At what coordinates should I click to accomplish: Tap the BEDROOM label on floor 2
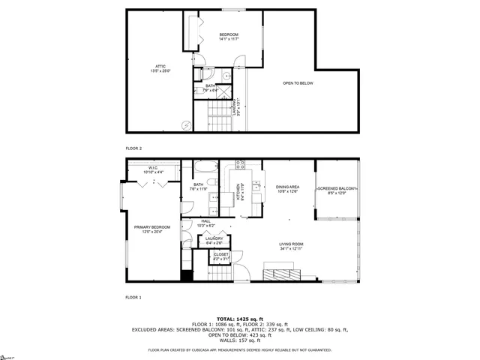point(229,35)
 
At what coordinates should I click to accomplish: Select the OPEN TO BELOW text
point(298,82)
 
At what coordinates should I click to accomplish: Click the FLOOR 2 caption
point(133,148)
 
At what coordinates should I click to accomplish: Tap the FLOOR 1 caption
point(133,298)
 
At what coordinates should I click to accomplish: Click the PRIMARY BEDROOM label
point(152,227)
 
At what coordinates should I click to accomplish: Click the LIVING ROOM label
point(291,244)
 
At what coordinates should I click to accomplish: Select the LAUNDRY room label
point(214,239)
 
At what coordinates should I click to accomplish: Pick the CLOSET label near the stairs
point(221,254)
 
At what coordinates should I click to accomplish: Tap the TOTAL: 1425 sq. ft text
point(240,319)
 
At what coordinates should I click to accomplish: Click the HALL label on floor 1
point(205,221)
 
